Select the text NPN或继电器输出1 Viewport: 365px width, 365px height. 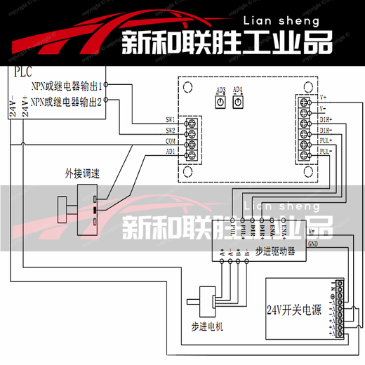67,86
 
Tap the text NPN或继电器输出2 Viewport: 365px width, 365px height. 67,101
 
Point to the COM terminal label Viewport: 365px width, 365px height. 170,140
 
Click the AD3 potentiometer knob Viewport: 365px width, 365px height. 220,102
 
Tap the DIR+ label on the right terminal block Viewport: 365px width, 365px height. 326,120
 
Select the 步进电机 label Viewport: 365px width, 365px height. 208,326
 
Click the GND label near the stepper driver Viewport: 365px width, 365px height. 313,244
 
